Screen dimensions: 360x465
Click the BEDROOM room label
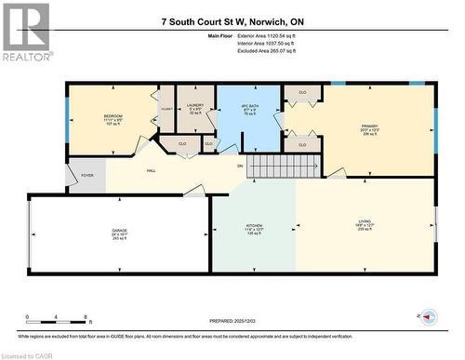[113, 115]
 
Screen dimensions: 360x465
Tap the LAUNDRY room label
[195, 105]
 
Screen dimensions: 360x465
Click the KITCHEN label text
[254, 226]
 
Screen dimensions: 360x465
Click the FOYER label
[87, 174]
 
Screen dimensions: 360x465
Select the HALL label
[150, 171]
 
